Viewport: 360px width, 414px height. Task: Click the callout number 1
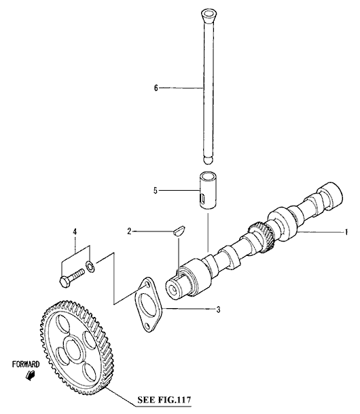click(x=346, y=232)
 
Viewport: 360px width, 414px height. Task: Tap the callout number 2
click(x=129, y=231)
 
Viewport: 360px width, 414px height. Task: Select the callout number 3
click(x=218, y=309)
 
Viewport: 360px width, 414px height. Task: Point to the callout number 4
click(x=75, y=232)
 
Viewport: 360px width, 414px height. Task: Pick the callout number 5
click(x=156, y=190)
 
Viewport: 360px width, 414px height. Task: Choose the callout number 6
click(x=156, y=88)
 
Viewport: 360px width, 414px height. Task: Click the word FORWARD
click(x=26, y=364)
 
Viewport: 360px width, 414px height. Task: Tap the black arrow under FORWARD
click(x=31, y=375)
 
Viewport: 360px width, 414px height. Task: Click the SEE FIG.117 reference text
click(x=164, y=400)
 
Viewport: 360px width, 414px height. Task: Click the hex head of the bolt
click(x=65, y=282)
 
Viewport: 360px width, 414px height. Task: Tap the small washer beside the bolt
click(x=90, y=267)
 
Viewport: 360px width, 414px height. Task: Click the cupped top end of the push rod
click(x=210, y=14)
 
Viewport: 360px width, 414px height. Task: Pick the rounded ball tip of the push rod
click(x=209, y=161)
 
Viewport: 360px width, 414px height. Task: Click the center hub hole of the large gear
click(x=73, y=350)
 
